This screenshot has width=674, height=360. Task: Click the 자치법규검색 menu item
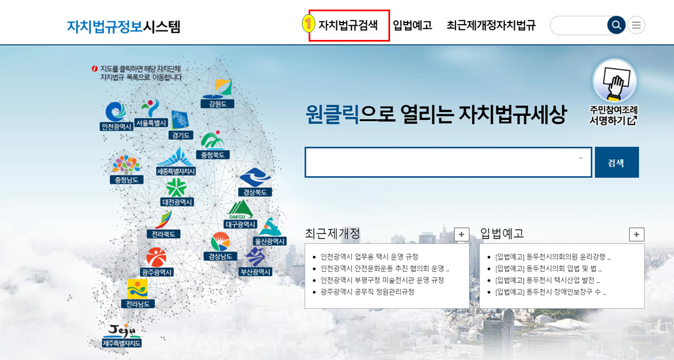(x=348, y=25)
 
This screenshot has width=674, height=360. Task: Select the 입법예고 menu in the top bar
(x=412, y=25)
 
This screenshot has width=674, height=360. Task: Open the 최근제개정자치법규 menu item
(x=491, y=25)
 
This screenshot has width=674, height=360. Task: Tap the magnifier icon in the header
(x=616, y=25)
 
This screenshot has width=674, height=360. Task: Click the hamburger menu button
(x=636, y=25)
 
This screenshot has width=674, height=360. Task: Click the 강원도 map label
(x=216, y=104)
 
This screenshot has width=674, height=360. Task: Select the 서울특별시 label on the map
(x=151, y=123)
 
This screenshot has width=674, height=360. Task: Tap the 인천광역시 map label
(x=116, y=127)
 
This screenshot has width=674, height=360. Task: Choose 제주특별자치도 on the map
(x=122, y=343)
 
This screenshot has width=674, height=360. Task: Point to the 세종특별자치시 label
(x=176, y=171)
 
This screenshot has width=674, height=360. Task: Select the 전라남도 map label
(x=138, y=304)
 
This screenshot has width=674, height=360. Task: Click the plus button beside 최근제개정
(x=462, y=235)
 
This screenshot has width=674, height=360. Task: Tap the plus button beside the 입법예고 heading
(x=636, y=235)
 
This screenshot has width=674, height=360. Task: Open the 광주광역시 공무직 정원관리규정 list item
(x=367, y=292)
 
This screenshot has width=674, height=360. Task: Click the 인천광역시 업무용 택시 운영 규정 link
(x=369, y=256)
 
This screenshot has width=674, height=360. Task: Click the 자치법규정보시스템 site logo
(x=124, y=26)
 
